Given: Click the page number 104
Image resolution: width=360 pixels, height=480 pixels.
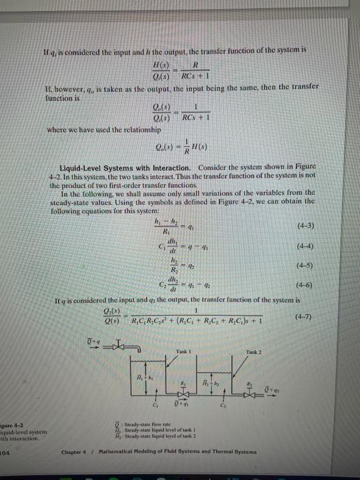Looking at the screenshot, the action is click(x=5, y=452).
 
